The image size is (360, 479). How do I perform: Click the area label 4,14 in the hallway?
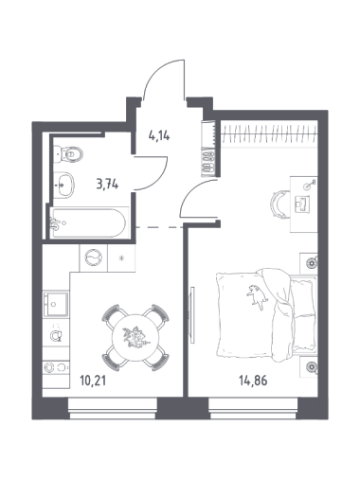tap(159, 136)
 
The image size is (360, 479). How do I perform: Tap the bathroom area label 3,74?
tap(107, 185)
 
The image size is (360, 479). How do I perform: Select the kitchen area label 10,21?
tap(93, 381)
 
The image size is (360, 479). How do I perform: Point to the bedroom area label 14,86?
tap(253, 381)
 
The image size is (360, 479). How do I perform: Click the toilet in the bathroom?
tap(68, 154)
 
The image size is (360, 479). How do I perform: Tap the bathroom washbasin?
tap(63, 186)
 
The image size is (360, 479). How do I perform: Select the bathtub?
tap(89, 222)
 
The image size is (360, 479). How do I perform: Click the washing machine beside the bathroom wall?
tap(94, 258)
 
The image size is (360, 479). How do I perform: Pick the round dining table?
tap(135, 338)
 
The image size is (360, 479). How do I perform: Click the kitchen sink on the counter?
tap(56, 304)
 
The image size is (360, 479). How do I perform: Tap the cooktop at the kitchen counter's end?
tap(56, 367)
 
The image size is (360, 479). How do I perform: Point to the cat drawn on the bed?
tap(258, 296)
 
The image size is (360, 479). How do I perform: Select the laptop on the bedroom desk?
tap(302, 204)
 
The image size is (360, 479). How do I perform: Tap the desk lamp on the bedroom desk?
tap(309, 185)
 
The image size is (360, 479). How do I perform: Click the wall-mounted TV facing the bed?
tap(192, 314)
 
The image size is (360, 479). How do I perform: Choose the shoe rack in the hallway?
tap(208, 162)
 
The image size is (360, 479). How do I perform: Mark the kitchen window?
tap(113, 409)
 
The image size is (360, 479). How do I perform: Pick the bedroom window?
tap(253, 409)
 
